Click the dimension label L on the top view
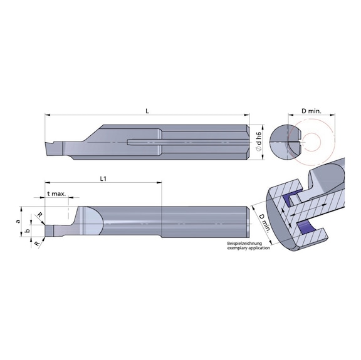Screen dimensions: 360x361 coord(146,111)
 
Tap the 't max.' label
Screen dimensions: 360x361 coord(56,194)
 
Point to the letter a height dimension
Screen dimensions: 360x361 coord(19,221)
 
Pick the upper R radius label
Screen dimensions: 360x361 coord(40,215)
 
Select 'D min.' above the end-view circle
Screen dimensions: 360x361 coord(311,111)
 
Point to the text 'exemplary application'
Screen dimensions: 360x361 coord(250,249)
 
